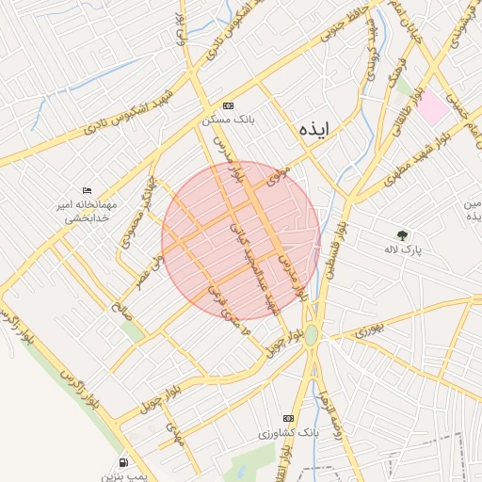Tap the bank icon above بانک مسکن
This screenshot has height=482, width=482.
pyautogui.click(x=228, y=105)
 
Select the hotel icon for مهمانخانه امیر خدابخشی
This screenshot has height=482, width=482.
pyautogui.click(x=88, y=190)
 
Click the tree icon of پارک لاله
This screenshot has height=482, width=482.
pyautogui.click(x=403, y=234)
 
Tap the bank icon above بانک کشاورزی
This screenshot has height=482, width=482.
pyautogui.click(x=289, y=418)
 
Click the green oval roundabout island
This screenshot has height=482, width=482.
pyautogui.click(x=312, y=334)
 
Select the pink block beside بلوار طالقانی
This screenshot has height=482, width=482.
pyautogui.click(x=432, y=107)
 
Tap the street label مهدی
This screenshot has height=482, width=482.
pyautogui.click(x=173, y=432)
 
